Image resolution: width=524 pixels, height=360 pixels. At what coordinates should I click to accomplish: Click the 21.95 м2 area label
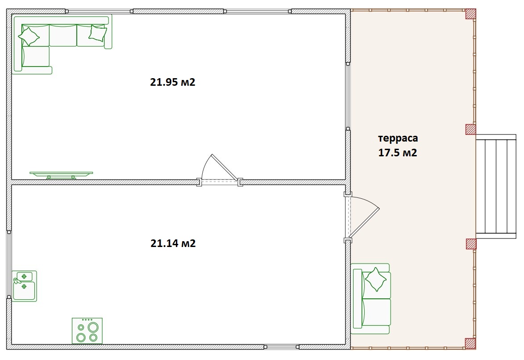coord(172,82)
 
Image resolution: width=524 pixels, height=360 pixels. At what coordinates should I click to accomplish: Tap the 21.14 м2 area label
coord(173,243)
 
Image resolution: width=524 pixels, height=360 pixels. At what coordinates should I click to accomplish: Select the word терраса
coord(398,138)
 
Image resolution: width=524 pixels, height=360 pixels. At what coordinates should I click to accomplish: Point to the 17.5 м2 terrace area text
coord(397,153)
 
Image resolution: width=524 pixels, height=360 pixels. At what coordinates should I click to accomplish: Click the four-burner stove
coord(87,331)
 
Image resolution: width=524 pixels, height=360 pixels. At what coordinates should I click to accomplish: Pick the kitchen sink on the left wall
coord(24,286)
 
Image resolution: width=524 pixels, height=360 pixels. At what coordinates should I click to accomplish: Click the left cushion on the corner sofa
coord(29,36)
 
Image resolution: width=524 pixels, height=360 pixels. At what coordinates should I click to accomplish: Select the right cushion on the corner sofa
coord(98,33)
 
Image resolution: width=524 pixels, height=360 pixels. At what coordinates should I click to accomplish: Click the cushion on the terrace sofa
coord(376,280)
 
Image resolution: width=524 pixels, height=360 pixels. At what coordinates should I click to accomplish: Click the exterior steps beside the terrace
coord(496,186)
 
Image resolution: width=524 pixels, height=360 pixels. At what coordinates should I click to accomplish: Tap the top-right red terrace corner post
coord(470,14)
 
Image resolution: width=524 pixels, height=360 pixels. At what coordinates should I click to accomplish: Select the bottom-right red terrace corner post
coord(470,344)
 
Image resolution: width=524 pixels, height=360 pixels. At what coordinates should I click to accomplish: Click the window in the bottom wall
coord(281,347)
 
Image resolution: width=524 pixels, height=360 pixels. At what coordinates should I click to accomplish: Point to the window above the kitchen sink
coord(9,264)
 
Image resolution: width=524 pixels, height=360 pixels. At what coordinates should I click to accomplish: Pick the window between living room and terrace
coord(348,96)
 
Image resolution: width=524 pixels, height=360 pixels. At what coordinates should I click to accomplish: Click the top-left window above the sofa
coord(99,11)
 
